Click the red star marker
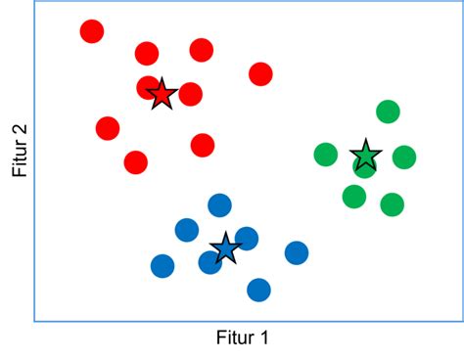[x=162, y=94]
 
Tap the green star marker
[x=365, y=155]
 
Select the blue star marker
[x=225, y=247]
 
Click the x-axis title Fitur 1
[x=242, y=338]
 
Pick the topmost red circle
[x=92, y=31]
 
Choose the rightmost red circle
[x=260, y=73]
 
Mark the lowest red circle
[x=136, y=162]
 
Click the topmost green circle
[x=388, y=112]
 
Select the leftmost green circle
[x=326, y=155]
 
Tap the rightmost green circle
[x=404, y=157]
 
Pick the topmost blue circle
[x=220, y=205]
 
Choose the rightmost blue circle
[x=297, y=253]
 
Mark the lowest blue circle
[x=258, y=290]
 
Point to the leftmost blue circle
[x=162, y=265]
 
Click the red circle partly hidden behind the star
[x=147, y=88]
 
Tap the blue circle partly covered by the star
[x=209, y=262]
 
